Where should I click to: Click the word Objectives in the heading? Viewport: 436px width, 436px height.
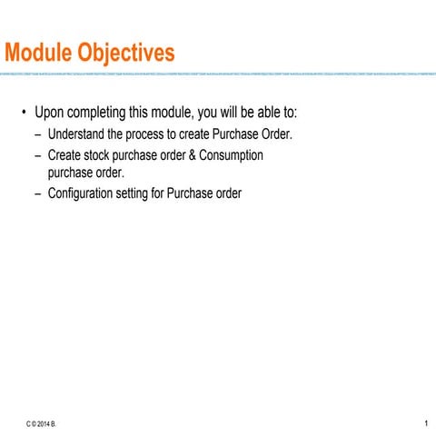[127, 54]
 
